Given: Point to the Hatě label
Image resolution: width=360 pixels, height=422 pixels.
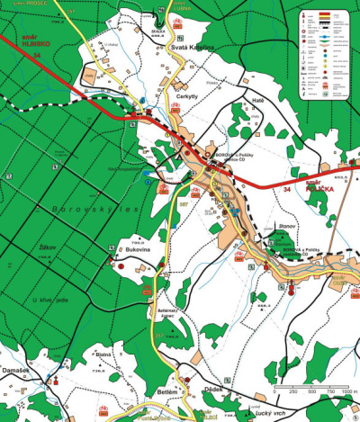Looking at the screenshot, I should pos(258,101).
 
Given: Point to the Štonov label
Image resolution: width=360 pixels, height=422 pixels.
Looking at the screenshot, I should pos(287,228).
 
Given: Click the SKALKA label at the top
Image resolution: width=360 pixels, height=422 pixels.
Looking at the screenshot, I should pos(158,30).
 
